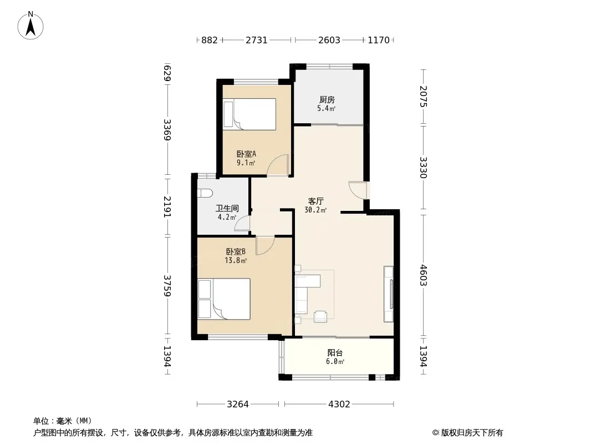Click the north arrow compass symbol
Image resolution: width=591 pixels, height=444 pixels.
click(x=30, y=26)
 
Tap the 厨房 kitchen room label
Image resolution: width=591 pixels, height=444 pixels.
click(x=327, y=99)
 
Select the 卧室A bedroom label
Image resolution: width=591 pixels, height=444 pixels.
click(x=246, y=154)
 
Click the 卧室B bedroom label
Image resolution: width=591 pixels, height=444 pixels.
click(x=236, y=251)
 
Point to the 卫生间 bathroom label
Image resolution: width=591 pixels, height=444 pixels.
click(x=227, y=208)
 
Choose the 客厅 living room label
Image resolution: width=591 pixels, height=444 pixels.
click(x=315, y=201)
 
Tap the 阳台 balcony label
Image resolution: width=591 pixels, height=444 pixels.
click(x=335, y=353)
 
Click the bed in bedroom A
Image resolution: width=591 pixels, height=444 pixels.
click(x=249, y=114)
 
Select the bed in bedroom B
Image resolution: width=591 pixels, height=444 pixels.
click(x=224, y=299)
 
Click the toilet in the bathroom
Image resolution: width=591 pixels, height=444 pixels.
click(x=205, y=193)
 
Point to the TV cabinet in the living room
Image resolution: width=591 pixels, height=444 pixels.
click(x=388, y=294)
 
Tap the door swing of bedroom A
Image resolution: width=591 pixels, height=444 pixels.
click(x=278, y=165)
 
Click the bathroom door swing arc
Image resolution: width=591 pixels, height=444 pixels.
click(x=242, y=223)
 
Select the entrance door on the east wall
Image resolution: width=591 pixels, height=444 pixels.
click(x=358, y=190)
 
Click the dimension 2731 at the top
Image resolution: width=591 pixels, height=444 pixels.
click(x=257, y=40)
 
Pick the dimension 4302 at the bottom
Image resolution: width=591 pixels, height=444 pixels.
click(x=339, y=405)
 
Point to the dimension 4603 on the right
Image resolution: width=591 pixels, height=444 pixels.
click(x=424, y=275)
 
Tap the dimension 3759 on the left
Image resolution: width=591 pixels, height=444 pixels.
click(x=167, y=286)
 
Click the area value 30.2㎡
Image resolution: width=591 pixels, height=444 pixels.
click(x=315, y=210)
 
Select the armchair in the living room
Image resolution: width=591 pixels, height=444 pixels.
click(x=320, y=316)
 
